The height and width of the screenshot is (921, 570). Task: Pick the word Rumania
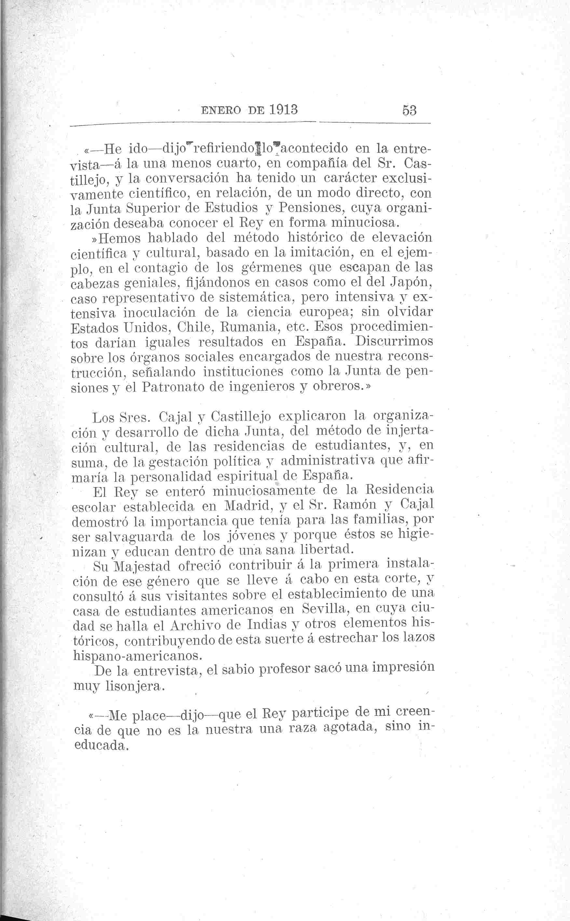(x=250, y=327)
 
